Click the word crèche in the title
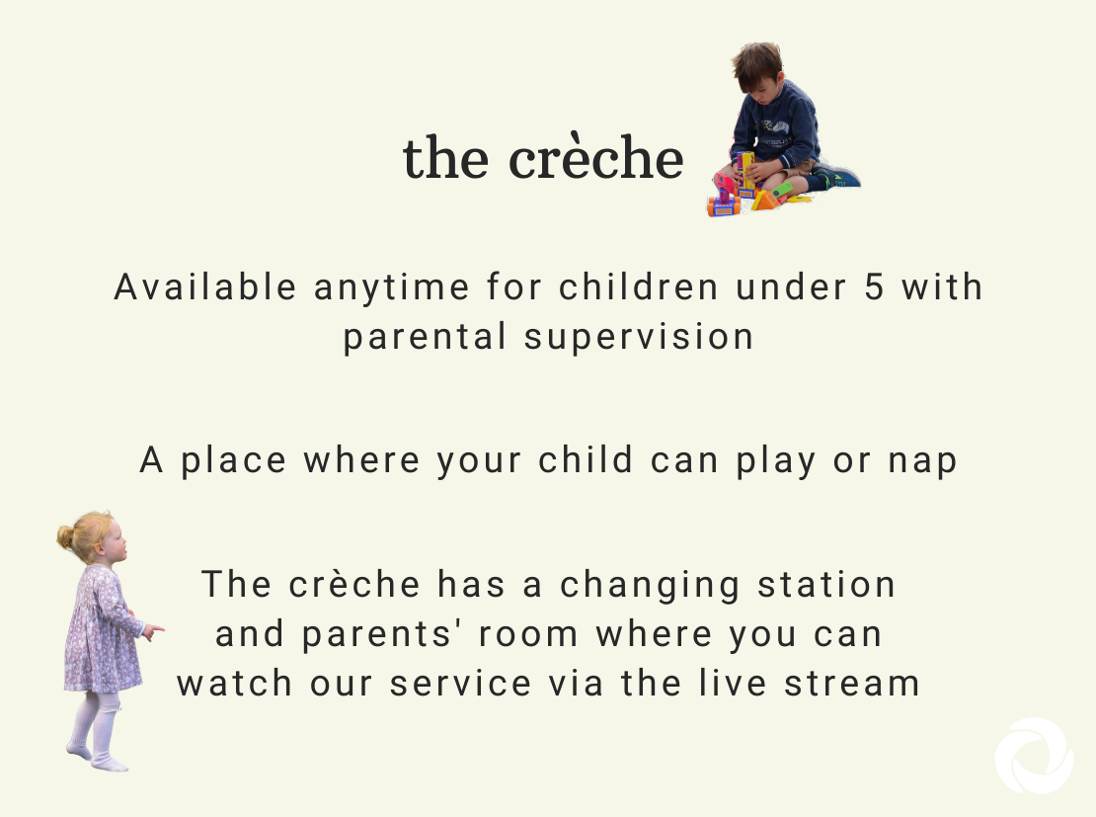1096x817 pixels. (595, 155)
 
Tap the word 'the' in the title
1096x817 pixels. (445, 157)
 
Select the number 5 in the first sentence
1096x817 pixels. (874, 286)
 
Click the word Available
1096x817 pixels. (205, 286)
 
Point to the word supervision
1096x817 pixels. (639, 337)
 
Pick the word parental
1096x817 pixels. (425, 337)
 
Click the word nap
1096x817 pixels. (922, 461)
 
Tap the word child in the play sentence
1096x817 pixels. (586, 459)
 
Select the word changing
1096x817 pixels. (650, 586)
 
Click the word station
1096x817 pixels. (826, 584)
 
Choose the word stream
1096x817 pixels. (851, 684)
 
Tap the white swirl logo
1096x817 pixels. (1035, 756)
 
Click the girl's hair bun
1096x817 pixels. (65, 537)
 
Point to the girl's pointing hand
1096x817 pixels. (153, 632)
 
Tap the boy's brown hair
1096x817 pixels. (757, 63)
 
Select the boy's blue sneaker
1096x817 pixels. (838, 177)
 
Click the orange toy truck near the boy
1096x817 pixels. (724, 205)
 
